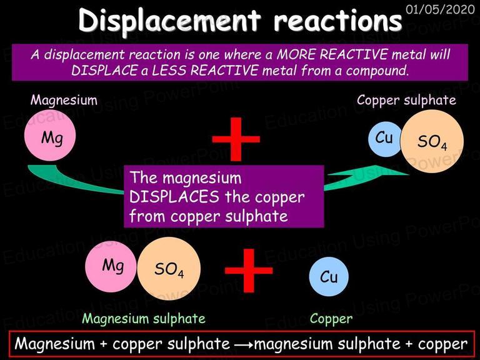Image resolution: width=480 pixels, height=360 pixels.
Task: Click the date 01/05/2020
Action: click(440, 9)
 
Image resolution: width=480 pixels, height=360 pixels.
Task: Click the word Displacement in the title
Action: click(170, 21)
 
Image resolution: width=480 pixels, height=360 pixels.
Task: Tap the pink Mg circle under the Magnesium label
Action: click(50, 135)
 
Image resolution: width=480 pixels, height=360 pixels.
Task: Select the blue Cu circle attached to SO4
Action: click(385, 139)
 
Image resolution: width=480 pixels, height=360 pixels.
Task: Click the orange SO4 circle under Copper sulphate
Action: click(432, 141)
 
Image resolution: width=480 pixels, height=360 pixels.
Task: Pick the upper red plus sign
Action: click(236, 139)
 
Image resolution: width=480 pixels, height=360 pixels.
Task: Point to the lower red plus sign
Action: click(249, 271)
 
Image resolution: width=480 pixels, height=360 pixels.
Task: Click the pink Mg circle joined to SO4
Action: click(111, 266)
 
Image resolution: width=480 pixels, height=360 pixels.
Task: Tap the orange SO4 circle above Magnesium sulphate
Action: click(169, 269)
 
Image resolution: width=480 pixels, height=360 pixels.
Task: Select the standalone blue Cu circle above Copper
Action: click(329, 276)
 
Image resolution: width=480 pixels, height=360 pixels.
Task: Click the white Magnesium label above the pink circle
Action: click(64, 100)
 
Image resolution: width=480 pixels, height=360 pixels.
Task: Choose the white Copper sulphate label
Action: click(406, 101)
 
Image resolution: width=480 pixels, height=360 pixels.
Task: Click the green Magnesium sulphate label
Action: click(144, 319)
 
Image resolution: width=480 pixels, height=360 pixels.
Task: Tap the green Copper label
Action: click(331, 319)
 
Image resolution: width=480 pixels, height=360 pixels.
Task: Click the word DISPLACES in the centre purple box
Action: click(174, 197)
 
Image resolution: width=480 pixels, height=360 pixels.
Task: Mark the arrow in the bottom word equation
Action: click(244, 345)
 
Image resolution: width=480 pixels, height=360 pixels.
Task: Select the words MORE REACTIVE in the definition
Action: click(332, 55)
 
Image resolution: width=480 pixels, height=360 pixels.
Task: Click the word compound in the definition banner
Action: click(377, 71)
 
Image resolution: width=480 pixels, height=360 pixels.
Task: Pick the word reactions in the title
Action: click(337, 21)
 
